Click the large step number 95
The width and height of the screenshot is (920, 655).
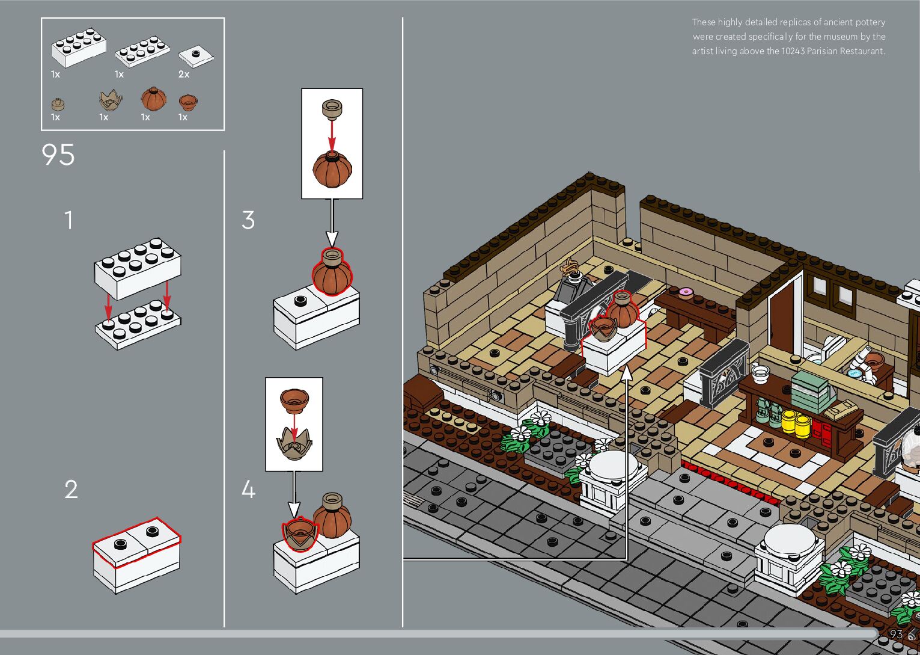point(58,155)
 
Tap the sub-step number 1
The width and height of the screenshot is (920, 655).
point(69,221)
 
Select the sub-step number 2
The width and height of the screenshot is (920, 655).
point(71,490)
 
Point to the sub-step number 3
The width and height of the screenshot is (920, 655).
point(248,221)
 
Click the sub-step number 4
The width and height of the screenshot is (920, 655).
point(248,490)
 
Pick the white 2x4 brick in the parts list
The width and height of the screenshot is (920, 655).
point(79,47)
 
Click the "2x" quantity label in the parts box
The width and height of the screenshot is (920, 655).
point(184,75)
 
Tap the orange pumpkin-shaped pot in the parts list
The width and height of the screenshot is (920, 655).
point(153,98)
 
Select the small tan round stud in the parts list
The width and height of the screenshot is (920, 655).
point(58,104)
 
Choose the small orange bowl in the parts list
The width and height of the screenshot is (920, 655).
point(188,102)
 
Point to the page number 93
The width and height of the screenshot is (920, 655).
point(896,635)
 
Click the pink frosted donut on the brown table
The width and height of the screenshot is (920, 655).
point(685,293)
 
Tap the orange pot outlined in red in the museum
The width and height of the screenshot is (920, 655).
point(623,310)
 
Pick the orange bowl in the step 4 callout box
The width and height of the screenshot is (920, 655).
point(294,400)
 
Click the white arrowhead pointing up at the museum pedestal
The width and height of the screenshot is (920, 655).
point(627,373)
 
